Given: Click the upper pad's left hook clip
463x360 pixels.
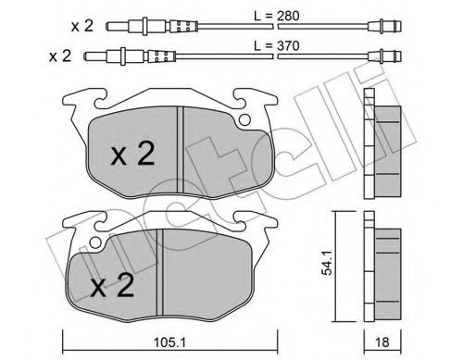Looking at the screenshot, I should (76, 99).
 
